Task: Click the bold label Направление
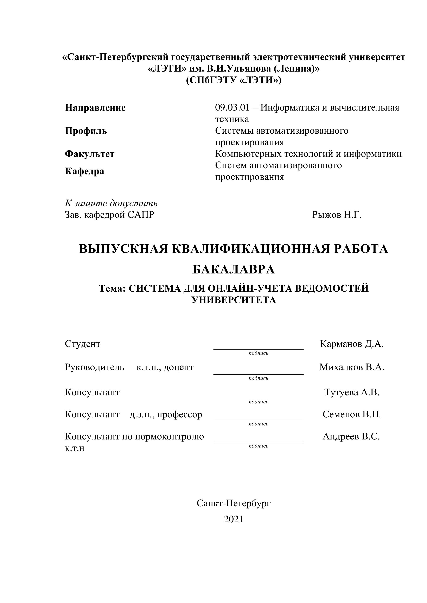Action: pos(95,108)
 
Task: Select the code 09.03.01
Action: pos(232,108)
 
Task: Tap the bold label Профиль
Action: pos(86,131)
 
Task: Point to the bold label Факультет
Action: pos(90,154)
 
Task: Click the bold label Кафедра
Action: pos(84,171)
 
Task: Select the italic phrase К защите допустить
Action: pos(111,203)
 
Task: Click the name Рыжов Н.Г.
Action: pos(337,215)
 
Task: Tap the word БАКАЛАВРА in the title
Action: pos(234,270)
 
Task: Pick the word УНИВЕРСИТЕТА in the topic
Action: pos(234,300)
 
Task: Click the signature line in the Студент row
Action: pos(259,349)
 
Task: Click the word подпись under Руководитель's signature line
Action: pos(259,378)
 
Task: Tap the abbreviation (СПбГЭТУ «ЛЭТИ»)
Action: pos(234,80)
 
